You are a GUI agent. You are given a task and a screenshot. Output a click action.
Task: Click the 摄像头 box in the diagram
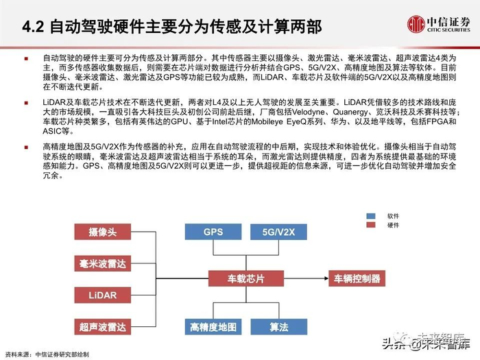102,232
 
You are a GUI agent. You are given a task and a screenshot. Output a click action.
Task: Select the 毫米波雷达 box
102,263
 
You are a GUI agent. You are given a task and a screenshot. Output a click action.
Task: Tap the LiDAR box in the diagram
102,295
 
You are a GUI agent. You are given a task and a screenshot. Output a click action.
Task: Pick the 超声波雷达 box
102,326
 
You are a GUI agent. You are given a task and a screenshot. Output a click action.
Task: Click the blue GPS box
213,232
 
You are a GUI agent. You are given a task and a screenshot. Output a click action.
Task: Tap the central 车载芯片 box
245,279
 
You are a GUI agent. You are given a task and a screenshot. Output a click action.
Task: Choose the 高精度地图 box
213,326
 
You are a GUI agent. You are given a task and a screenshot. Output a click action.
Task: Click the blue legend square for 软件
372,215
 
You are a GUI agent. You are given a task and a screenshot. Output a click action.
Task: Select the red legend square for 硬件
372,224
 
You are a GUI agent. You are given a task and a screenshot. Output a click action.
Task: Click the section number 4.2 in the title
33,28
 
